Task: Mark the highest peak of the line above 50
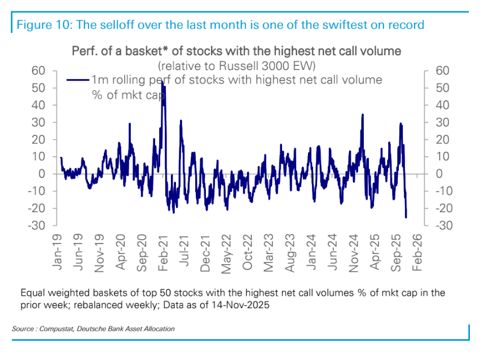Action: pyautogui.click(x=162, y=82)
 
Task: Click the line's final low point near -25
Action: pyautogui.click(x=406, y=217)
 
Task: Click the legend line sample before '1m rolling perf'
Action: pyautogui.click(x=78, y=80)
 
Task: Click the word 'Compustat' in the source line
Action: pyautogui.click(x=55, y=328)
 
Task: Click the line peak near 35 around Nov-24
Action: pyautogui.click(x=362, y=115)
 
